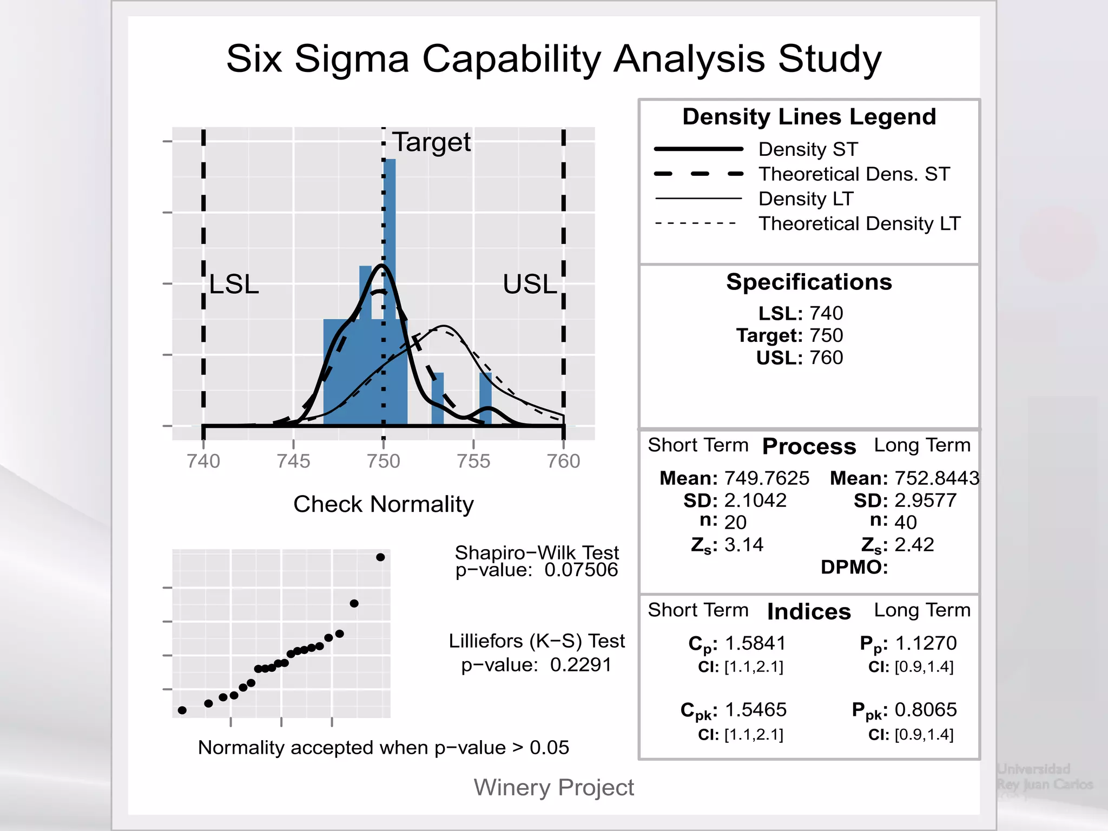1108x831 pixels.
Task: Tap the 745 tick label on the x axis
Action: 293,461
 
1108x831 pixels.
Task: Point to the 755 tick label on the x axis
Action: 473,461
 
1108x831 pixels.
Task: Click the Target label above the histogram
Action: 431,142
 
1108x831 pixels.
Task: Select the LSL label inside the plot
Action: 234,284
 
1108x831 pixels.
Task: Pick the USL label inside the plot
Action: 529,284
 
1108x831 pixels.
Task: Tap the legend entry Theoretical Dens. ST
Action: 854,174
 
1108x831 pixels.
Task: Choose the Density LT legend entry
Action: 806,199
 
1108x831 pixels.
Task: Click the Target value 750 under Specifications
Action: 826,335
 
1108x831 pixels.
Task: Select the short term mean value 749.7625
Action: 767,478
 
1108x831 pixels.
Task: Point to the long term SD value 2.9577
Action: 926,500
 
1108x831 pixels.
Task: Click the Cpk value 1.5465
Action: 755,710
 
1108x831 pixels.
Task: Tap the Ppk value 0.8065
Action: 926,710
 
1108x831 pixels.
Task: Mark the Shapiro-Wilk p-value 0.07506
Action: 581,570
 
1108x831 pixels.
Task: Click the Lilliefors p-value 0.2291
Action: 581,664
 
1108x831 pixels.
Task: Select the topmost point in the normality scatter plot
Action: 380,557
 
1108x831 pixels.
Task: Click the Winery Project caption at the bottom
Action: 553,787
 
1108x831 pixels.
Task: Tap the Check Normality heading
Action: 383,504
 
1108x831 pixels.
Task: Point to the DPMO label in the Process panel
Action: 854,567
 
